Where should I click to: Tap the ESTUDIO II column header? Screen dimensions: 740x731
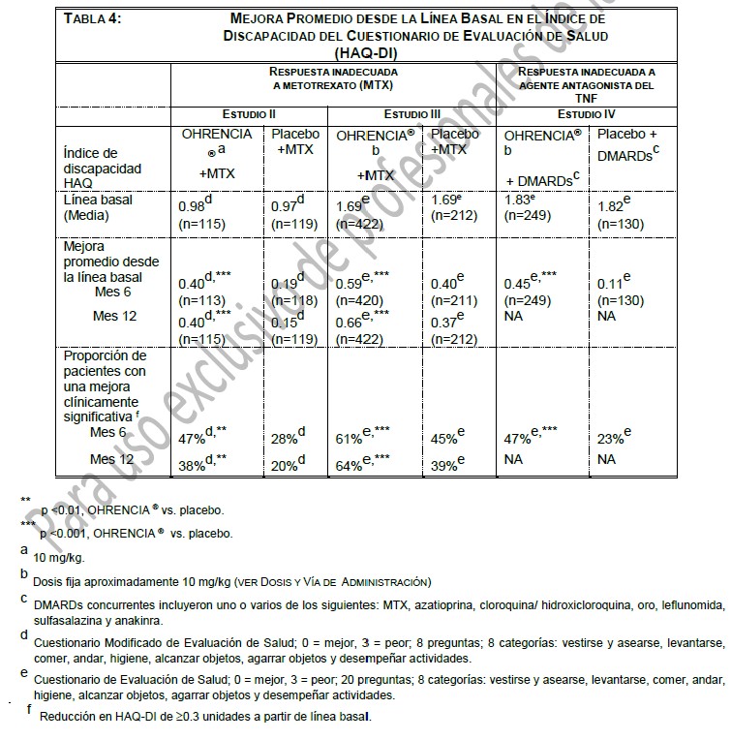tap(250, 114)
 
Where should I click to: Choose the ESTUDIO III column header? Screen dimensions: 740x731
tap(411, 114)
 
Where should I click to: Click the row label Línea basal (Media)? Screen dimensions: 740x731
tap(98, 207)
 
